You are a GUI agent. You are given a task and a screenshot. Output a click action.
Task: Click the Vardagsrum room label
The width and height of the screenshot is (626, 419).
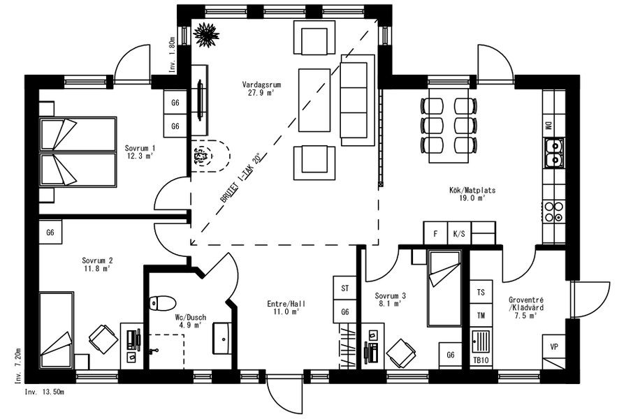pyautogui.click(x=261, y=84)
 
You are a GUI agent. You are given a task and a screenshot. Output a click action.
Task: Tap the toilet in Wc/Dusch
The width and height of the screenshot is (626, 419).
pyautogui.click(x=163, y=303)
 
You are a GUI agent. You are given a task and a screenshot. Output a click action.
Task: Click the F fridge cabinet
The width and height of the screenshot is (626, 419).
pyautogui.click(x=435, y=233)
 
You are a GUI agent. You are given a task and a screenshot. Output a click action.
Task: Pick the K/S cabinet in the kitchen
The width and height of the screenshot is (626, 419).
pyautogui.click(x=459, y=233)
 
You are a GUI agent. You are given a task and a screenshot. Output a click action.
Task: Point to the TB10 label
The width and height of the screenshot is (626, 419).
pyautogui.click(x=481, y=360)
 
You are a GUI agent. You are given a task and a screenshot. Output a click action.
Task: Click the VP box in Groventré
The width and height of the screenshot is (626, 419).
pyautogui.click(x=554, y=346)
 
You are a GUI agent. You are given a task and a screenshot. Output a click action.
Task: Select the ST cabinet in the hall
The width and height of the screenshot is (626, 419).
pyautogui.click(x=345, y=288)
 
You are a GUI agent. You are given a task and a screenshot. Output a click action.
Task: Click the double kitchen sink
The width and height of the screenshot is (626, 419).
pyautogui.click(x=554, y=153)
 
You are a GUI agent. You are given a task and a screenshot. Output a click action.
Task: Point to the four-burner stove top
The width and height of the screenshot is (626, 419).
pyautogui.click(x=554, y=212)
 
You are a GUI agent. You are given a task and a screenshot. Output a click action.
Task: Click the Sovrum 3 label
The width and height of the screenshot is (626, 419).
pyautogui.click(x=390, y=296)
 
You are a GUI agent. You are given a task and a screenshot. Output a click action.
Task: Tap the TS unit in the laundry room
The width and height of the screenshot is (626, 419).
pyautogui.click(x=481, y=292)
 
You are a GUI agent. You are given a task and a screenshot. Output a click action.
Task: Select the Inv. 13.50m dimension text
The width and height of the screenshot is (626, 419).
pyautogui.click(x=44, y=392)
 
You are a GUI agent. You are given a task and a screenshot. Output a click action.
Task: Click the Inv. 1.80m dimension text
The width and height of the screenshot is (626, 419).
pyautogui.click(x=172, y=54)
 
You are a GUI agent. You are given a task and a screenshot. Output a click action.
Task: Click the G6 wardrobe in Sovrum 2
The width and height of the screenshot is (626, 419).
pyautogui.click(x=50, y=232)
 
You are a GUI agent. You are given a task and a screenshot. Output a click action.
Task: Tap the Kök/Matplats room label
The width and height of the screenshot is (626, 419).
pyautogui.click(x=472, y=191)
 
